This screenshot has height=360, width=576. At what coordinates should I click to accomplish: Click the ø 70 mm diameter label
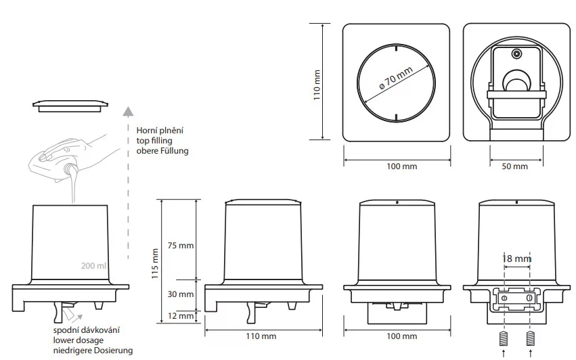pos(396,78)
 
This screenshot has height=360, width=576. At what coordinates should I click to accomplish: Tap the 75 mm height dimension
pos(180,246)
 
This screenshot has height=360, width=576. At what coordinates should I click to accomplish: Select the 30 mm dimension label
pos(180,294)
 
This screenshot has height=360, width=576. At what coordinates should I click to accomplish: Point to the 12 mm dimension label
pos(180,316)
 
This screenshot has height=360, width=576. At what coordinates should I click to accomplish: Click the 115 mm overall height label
pos(155,263)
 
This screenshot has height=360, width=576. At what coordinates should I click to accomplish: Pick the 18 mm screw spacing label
pos(516,258)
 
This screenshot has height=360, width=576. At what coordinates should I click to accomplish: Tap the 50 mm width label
pos(514,166)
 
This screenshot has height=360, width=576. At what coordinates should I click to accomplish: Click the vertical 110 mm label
pos(317,85)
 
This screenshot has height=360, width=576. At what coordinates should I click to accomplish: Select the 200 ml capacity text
pos(93,265)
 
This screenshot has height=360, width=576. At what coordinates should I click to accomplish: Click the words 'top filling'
pos(154,141)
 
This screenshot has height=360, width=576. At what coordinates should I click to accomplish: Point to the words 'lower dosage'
pos(79,340)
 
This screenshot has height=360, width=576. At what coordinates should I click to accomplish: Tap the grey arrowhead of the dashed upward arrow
pos(128,111)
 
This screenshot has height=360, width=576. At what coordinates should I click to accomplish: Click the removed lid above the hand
pos(71,106)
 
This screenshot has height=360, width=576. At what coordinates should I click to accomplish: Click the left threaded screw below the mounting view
pos(504,338)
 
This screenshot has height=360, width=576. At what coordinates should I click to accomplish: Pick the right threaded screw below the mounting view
pos(531,338)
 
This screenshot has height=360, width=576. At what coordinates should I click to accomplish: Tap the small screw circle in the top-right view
pos(517,54)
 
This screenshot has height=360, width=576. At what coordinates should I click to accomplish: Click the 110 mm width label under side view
pos(261,336)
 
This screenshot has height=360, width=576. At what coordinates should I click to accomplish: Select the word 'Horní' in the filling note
pos(147,131)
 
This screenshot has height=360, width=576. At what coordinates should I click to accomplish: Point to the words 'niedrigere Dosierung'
pos(93,351)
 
